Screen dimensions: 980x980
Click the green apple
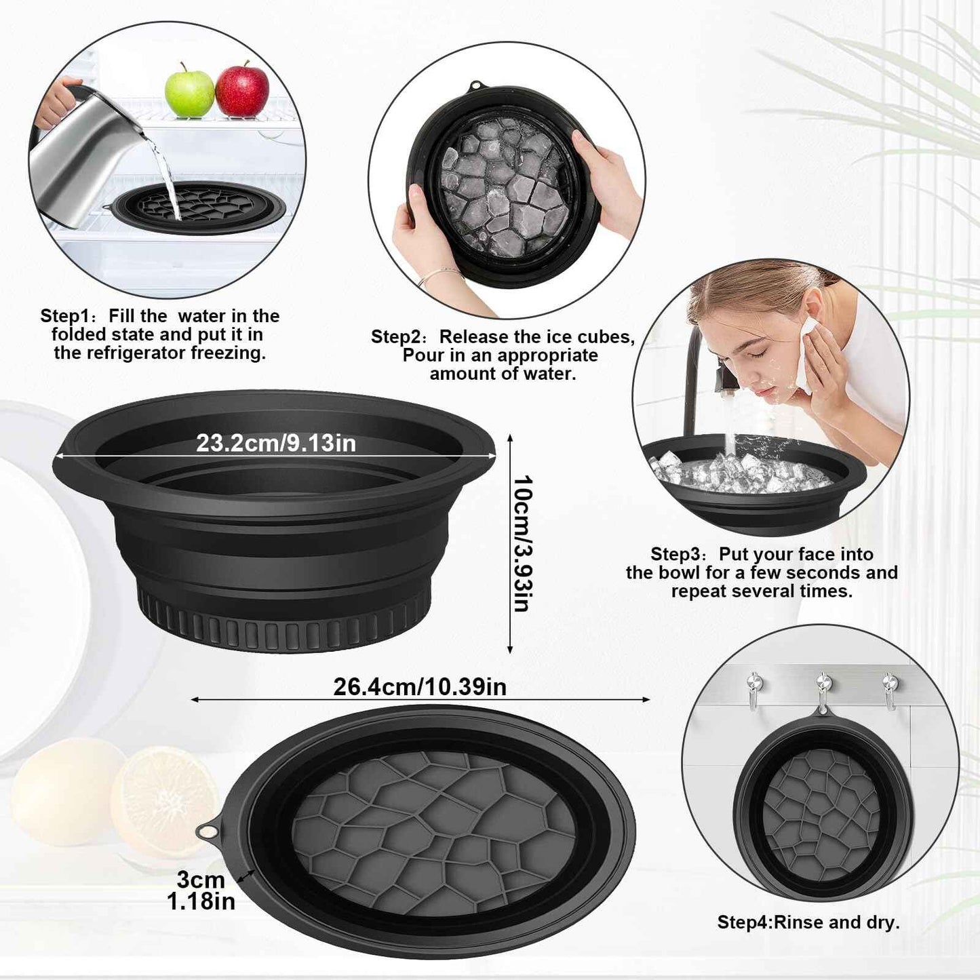[189, 91]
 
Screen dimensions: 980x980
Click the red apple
[242, 90]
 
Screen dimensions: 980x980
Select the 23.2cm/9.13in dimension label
[276, 443]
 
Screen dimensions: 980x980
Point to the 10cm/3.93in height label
[522, 543]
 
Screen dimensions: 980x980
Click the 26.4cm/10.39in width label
[420, 686]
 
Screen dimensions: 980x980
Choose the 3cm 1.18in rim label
[201, 890]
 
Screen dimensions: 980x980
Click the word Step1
[64, 316]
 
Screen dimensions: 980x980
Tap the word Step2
[395, 337]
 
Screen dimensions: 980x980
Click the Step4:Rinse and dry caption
[808, 922]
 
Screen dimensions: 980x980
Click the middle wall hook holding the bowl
[823, 688]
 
